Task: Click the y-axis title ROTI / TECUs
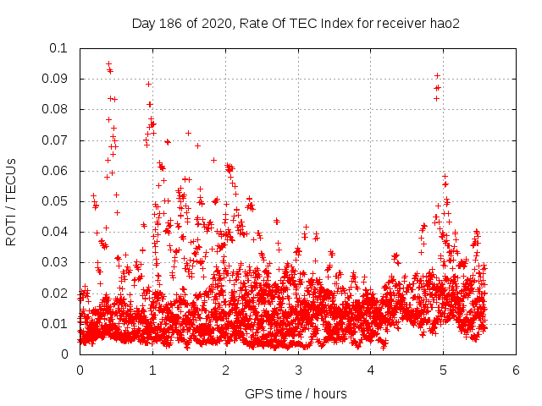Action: (12, 201)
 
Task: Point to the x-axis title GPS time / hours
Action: (296, 393)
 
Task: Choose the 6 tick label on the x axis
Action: (516, 370)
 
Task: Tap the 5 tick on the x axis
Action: (443, 370)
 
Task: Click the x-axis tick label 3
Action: (298, 370)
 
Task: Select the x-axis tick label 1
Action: (152, 370)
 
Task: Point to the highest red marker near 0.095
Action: (108, 63)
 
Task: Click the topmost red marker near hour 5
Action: (437, 76)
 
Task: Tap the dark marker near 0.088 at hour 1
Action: (148, 84)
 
